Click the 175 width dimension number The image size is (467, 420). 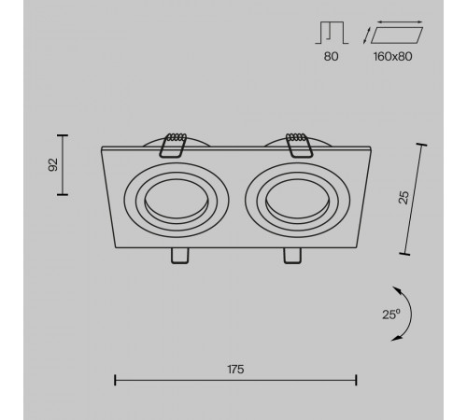(x=235, y=370)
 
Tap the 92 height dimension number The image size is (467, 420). (x=53, y=164)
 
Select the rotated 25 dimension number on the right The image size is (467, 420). (x=403, y=198)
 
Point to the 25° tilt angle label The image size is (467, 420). (x=391, y=315)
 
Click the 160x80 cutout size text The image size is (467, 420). (x=392, y=56)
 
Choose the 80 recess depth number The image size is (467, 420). (x=331, y=56)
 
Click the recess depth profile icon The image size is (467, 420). (x=332, y=33)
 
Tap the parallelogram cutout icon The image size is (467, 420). (x=397, y=35)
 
